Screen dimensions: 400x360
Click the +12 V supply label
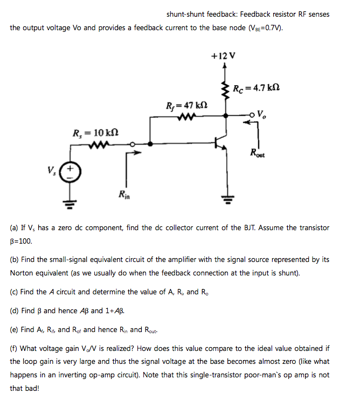tap(224, 56)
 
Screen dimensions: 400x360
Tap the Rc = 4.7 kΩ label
tap(257, 88)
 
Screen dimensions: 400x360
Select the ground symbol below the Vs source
tap(70, 203)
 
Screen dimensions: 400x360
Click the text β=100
tap(22, 241)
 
